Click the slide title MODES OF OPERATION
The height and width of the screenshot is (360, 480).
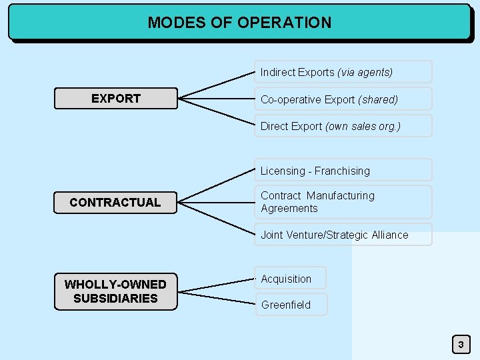pyautogui.click(x=239, y=22)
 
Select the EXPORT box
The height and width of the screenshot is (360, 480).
pyautogui.click(x=115, y=99)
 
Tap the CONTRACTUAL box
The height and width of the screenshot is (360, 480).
pyautogui.click(x=115, y=202)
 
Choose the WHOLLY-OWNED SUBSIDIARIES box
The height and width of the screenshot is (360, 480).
pyautogui.click(x=115, y=291)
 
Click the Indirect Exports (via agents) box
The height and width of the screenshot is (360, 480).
pyautogui.click(x=343, y=72)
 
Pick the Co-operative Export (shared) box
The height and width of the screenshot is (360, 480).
pyautogui.click(x=343, y=99)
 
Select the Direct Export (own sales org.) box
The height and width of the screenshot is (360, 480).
pyautogui.click(x=343, y=126)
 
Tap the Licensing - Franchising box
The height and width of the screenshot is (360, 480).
pyautogui.click(x=343, y=171)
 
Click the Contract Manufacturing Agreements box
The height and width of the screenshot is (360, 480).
pyautogui.click(x=343, y=202)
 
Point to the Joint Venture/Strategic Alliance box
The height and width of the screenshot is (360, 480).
pyautogui.click(x=343, y=235)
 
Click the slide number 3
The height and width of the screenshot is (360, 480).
pyautogui.click(x=460, y=345)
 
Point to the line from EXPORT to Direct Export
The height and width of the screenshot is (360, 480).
pyautogui.click(x=217, y=113)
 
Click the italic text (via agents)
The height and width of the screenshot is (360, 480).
pyautogui.click(x=365, y=72)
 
